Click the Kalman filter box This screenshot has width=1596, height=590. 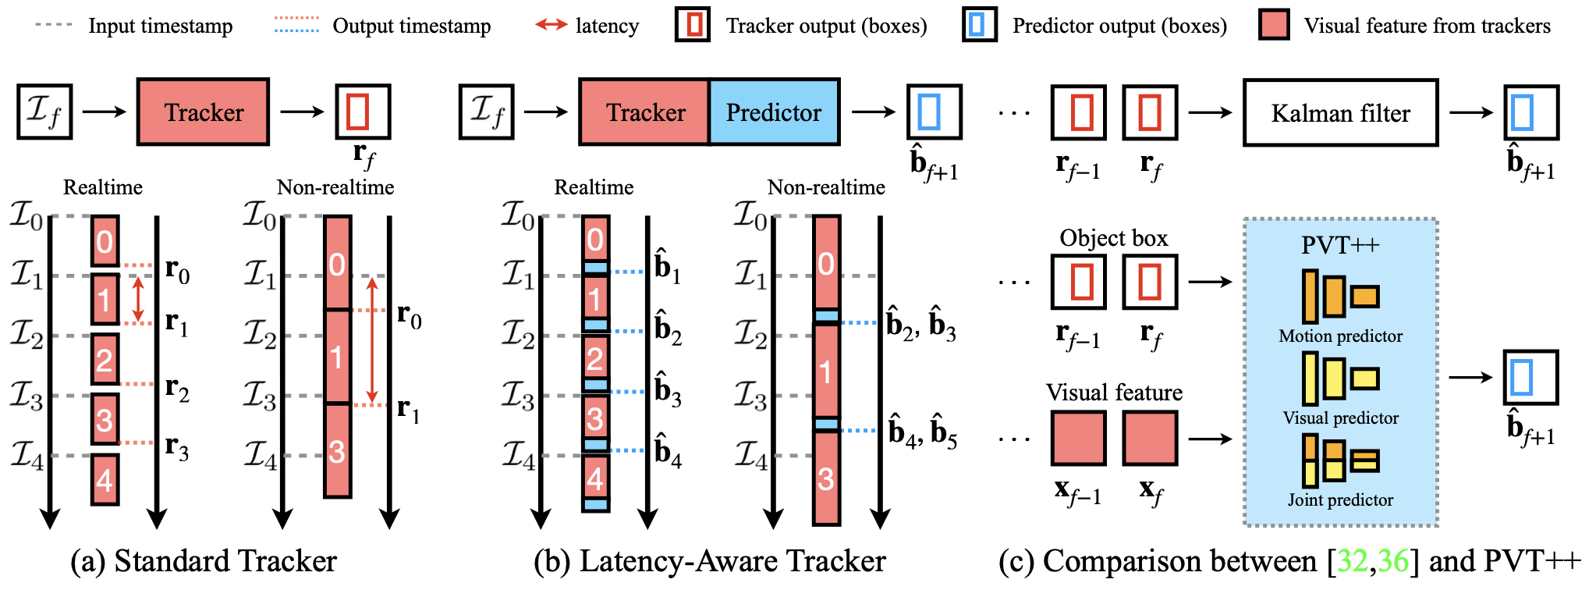pyautogui.click(x=1340, y=113)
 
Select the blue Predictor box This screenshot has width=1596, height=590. pyautogui.click(x=774, y=112)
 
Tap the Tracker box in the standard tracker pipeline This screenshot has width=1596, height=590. pyautogui.click(x=204, y=112)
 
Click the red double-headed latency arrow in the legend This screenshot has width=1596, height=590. pyautogui.click(x=551, y=25)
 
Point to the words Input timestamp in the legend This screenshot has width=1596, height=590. pyautogui.click(x=160, y=26)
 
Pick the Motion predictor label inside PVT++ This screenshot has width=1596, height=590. pyautogui.click(x=1340, y=336)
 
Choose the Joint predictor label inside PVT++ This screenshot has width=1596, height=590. pyautogui.click(x=1340, y=500)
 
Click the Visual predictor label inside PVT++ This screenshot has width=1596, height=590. pyautogui.click(x=1340, y=418)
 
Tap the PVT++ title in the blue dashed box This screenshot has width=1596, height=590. pyautogui.click(x=1340, y=245)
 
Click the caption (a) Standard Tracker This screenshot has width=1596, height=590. pyautogui.click(x=204, y=561)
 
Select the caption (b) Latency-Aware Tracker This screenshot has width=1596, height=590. pyautogui.click(x=710, y=561)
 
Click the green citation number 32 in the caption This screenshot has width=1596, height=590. pyautogui.click(x=1352, y=561)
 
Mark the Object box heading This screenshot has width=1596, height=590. pyautogui.click(x=1113, y=238)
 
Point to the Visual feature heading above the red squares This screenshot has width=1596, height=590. pyautogui.click(x=1113, y=392)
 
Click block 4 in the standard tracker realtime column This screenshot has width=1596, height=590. pyautogui.click(x=105, y=479)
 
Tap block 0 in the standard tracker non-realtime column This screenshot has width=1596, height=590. pyautogui.click(x=337, y=263)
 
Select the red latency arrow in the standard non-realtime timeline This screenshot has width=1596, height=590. pyautogui.click(x=372, y=339)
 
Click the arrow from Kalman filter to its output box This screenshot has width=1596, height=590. pyautogui.click(x=1470, y=113)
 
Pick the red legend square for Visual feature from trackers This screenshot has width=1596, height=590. pyautogui.click(x=1274, y=25)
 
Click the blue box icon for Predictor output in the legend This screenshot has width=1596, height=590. pyautogui.click(x=979, y=25)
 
